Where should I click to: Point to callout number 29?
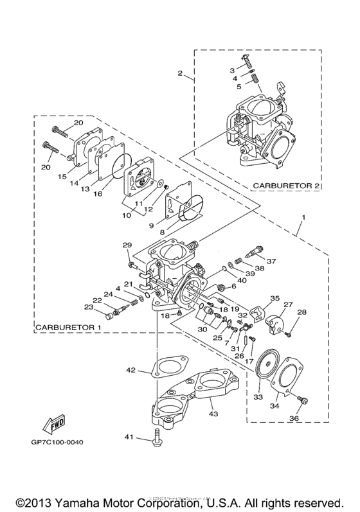[126, 245]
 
